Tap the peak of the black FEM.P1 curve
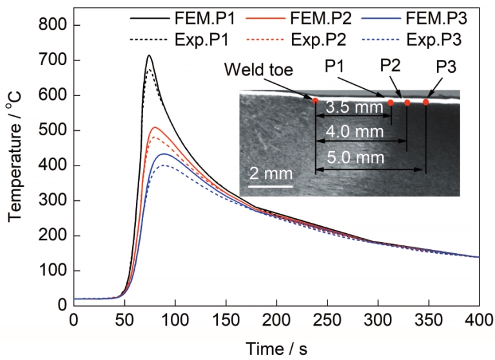click(x=149, y=55)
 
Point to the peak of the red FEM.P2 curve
click(x=155, y=128)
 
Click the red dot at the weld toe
click(x=315, y=100)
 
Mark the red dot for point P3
click(x=426, y=102)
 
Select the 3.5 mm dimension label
click(x=354, y=108)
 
